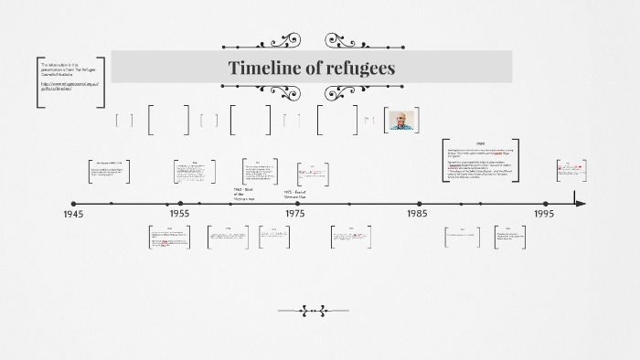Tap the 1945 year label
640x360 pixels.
73,214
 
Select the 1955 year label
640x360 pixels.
179,214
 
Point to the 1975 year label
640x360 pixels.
295,214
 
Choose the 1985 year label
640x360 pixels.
417,214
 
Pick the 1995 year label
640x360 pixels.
544,214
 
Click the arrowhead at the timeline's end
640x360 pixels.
580,204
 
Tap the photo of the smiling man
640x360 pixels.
401,121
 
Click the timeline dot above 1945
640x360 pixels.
74,204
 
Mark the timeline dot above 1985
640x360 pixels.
420,204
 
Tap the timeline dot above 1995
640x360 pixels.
547,204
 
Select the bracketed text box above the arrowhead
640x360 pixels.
571,170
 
